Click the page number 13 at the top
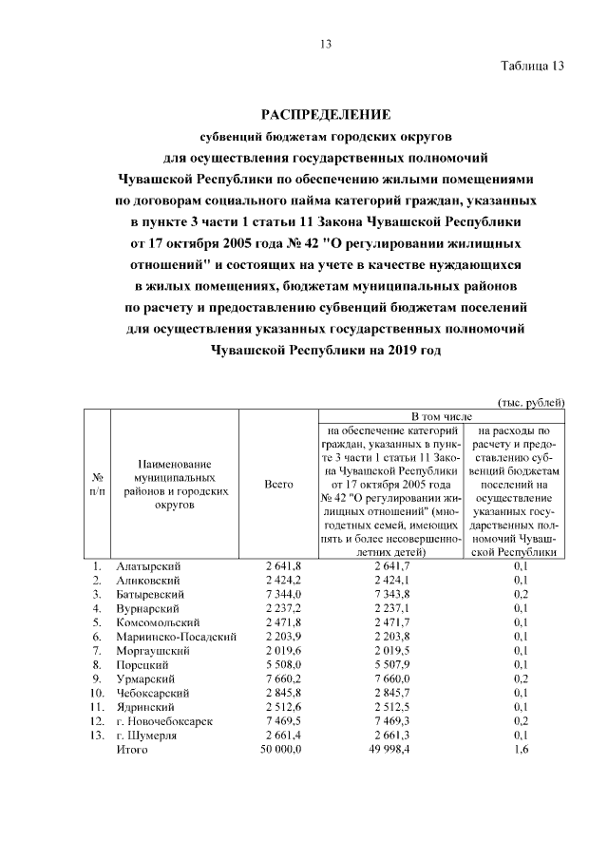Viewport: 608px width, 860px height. coord(325,44)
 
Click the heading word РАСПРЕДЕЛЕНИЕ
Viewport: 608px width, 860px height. coord(326,115)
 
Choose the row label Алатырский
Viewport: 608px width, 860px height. coord(146,567)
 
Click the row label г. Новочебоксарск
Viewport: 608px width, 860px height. coord(163,721)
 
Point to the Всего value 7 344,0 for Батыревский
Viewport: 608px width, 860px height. coord(283,595)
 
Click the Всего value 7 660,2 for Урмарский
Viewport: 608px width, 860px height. coord(283,679)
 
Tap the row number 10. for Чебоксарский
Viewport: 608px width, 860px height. coord(97,694)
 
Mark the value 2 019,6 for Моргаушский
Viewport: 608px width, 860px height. coord(283,651)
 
